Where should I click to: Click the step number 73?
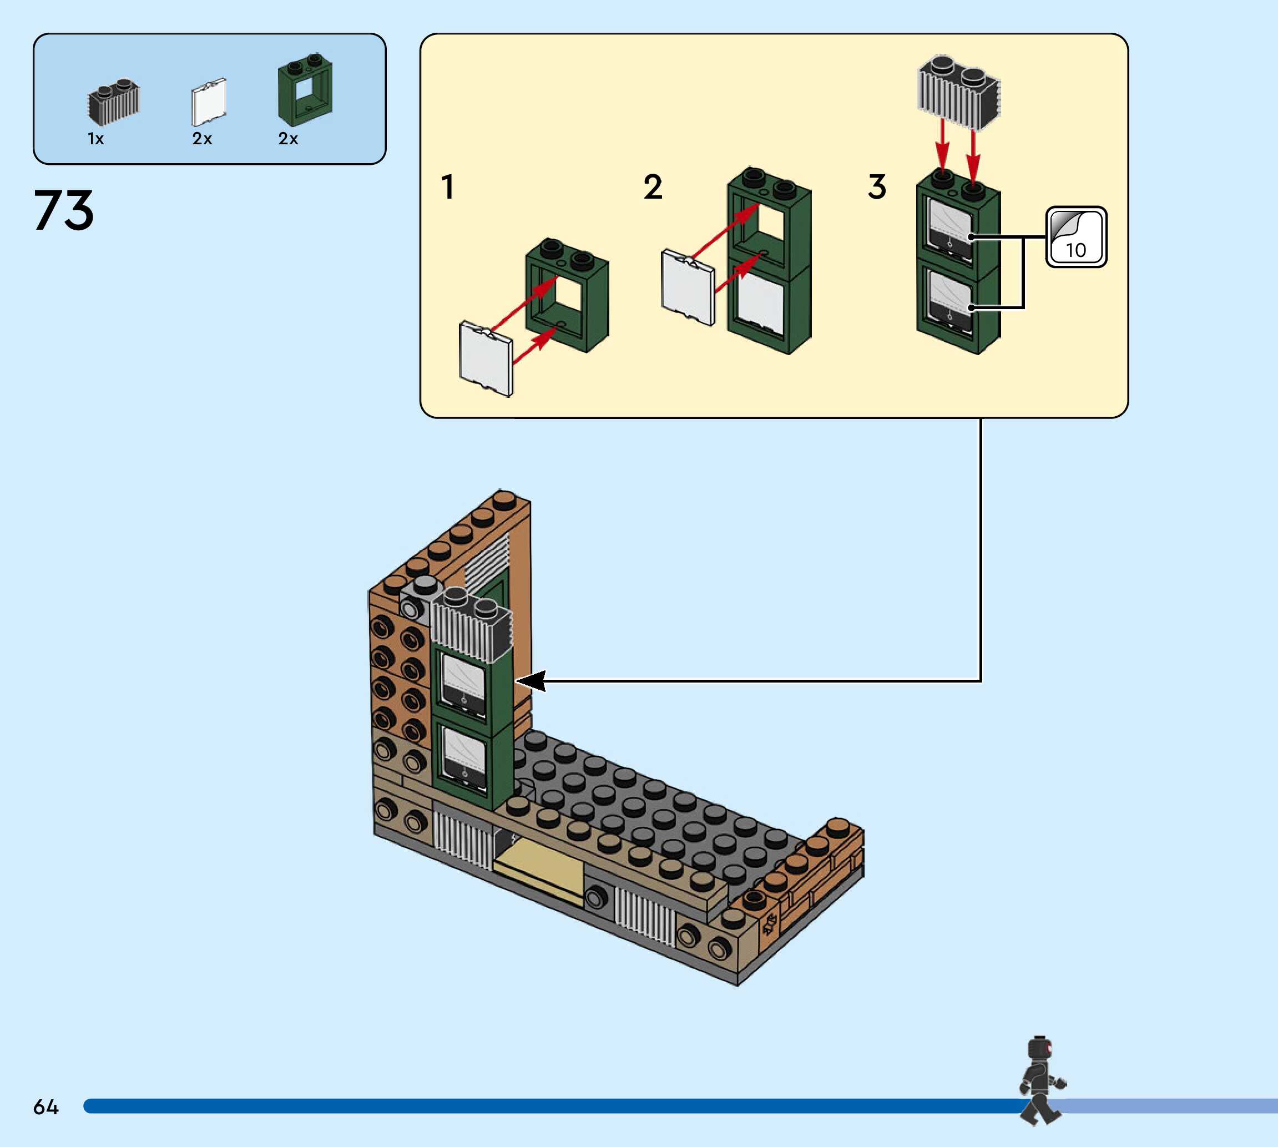(x=64, y=210)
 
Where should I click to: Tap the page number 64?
(x=46, y=1107)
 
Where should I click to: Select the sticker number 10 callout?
(x=1075, y=237)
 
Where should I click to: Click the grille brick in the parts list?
(x=113, y=102)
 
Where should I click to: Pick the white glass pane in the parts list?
(x=209, y=102)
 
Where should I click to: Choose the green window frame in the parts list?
(x=305, y=89)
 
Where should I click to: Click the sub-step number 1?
(x=447, y=187)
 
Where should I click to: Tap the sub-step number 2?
(x=653, y=187)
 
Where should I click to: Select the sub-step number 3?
(x=877, y=187)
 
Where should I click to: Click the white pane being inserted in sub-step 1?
(x=486, y=358)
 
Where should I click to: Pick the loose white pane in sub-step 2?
(x=688, y=287)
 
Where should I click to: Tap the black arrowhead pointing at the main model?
(x=531, y=681)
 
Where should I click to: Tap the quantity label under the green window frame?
(x=288, y=139)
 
